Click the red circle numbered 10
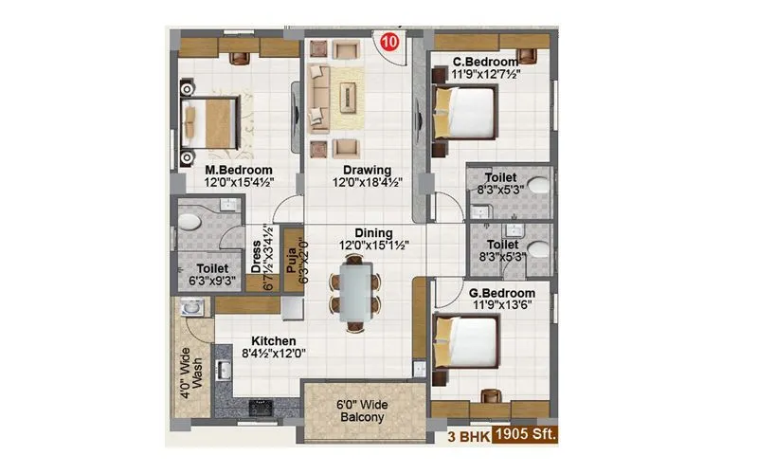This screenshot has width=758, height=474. pyautogui.click(x=388, y=42)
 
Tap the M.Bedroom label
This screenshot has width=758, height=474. pyautogui.click(x=239, y=171)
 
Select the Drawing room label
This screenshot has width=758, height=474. pyautogui.click(x=361, y=171)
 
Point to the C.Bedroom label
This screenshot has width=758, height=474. pyautogui.click(x=485, y=63)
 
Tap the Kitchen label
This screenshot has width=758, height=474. pyautogui.click(x=274, y=340)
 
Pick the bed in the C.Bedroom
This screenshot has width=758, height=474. pyautogui.click(x=464, y=113)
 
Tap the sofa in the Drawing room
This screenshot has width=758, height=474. pyautogui.click(x=317, y=98)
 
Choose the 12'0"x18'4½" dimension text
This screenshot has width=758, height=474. pyautogui.click(x=361, y=184)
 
